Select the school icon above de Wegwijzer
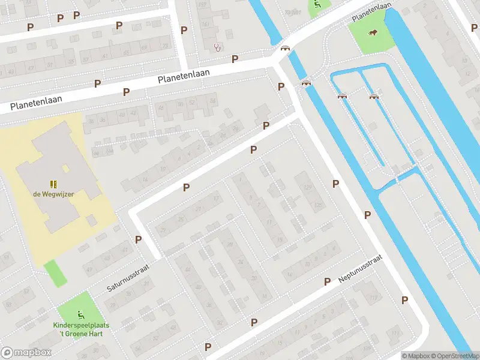click(x=53, y=184)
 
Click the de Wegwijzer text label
click(x=53, y=194)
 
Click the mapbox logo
click(x=26, y=353)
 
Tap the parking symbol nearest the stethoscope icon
click(x=235, y=59)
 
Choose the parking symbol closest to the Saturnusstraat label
click(x=139, y=239)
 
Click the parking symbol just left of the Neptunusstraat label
click(x=328, y=281)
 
